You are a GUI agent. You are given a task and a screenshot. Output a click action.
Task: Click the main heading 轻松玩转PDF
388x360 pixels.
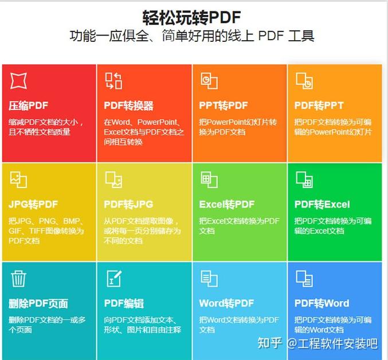pyautogui.click(x=191, y=17)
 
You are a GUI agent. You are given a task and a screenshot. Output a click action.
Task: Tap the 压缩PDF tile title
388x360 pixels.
pyautogui.click(x=28, y=105)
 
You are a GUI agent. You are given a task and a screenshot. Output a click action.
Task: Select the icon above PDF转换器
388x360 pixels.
pyautogui.click(x=113, y=81)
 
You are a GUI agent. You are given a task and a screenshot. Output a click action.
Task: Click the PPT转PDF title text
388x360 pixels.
pyautogui.click(x=224, y=105)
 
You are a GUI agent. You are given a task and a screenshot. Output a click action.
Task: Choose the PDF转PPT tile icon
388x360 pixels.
pyautogui.click(x=304, y=81)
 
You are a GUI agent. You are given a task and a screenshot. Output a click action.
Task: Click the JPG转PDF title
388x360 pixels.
pyautogui.click(x=33, y=204)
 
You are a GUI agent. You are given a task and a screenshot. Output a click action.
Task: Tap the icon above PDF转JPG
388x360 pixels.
pyautogui.click(x=113, y=179)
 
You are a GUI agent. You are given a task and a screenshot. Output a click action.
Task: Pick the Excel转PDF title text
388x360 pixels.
pyautogui.click(x=227, y=204)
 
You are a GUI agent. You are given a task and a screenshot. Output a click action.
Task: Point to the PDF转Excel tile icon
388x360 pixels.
pyautogui.click(x=304, y=179)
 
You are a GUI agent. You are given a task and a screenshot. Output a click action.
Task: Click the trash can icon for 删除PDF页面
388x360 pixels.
pyautogui.click(x=18, y=279)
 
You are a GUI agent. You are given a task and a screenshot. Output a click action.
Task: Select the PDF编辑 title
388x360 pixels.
pyautogui.click(x=124, y=303)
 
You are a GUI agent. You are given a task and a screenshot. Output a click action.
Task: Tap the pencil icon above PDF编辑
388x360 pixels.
pyautogui.click(x=113, y=279)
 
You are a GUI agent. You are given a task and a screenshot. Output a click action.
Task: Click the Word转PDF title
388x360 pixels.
pyautogui.click(x=226, y=303)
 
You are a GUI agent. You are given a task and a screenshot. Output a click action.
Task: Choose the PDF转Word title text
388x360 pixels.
pyautogui.click(x=322, y=303)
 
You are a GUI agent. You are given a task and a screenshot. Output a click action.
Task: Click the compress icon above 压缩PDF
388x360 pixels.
pyautogui.click(x=18, y=81)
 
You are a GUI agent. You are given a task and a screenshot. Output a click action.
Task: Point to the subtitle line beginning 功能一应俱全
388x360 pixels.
pyautogui.click(x=191, y=36)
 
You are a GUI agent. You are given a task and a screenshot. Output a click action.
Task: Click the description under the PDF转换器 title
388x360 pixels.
pyautogui.click(x=143, y=132)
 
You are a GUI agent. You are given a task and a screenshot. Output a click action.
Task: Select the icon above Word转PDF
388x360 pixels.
pyautogui.click(x=209, y=279)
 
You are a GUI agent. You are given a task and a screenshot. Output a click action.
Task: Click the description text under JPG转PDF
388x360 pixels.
pyautogui.click(x=46, y=231)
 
